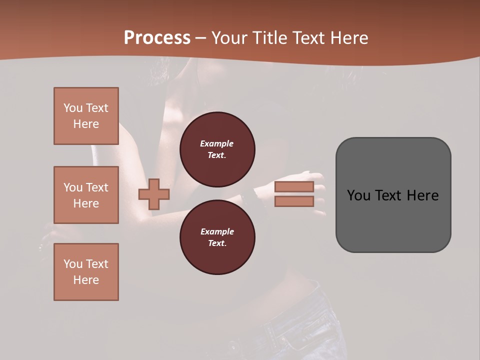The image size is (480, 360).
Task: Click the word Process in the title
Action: [x=157, y=38]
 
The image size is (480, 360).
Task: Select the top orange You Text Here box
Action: [x=86, y=116]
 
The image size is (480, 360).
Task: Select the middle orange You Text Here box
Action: [x=86, y=195]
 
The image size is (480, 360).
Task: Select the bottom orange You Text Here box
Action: [x=86, y=272]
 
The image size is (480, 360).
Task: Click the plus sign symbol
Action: [x=153, y=194]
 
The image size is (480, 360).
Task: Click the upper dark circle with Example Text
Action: [x=217, y=149]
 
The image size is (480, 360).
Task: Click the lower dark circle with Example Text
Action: [x=217, y=237]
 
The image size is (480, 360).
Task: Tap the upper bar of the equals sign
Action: [x=294, y=187]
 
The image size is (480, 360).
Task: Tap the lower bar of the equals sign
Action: [x=294, y=201]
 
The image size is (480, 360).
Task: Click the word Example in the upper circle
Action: [x=217, y=143]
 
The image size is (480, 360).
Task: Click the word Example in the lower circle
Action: [x=217, y=231]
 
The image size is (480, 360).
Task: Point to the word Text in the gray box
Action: [x=391, y=195]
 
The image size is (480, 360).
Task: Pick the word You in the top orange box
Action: [x=73, y=108]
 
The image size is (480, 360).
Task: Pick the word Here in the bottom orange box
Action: [x=86, y=280]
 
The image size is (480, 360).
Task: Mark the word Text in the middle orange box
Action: [x=97, y=187]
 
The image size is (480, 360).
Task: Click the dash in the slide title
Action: [x=200, y=38]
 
